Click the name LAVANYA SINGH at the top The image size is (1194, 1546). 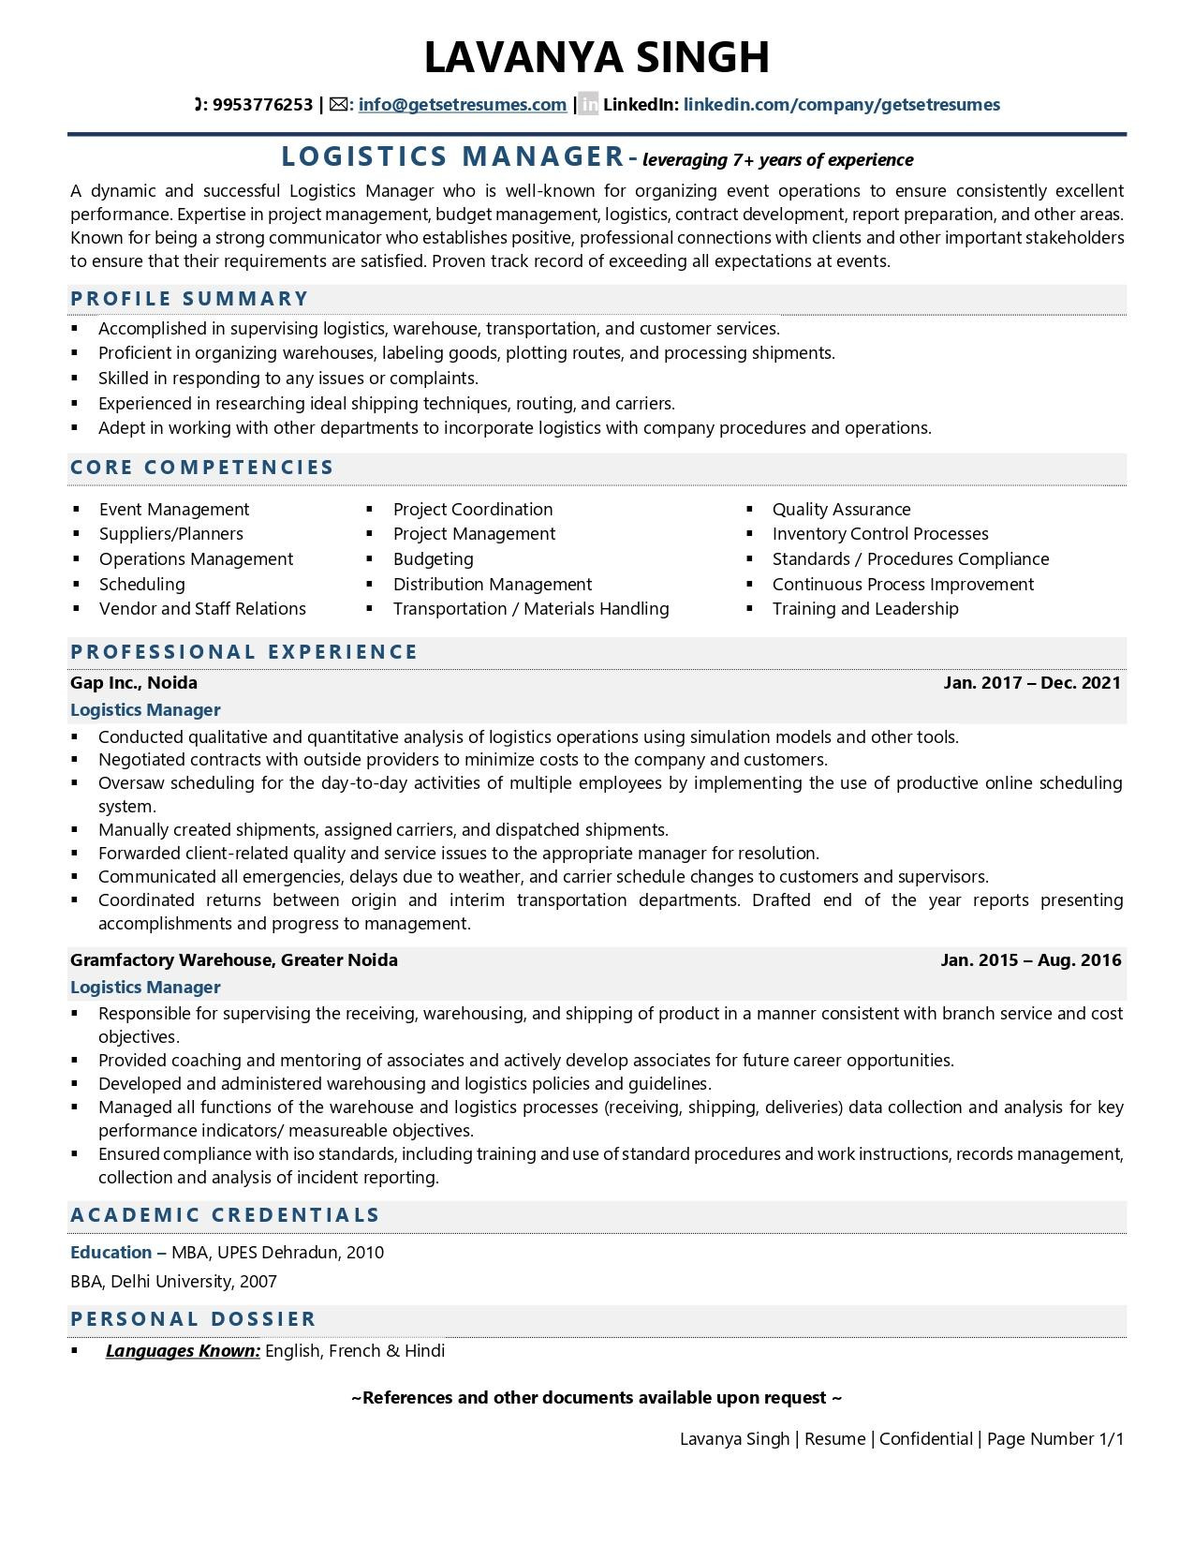(597, 57)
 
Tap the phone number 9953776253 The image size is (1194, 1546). (262, 105)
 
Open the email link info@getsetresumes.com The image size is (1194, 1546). (462, 105)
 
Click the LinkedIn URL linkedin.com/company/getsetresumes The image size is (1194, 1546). (841, 105)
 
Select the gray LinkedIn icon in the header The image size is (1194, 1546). (588, 105)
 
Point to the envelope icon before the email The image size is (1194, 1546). (339, 105)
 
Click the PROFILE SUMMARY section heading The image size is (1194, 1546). (189, 299)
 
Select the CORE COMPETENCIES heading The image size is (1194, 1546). (202, 468)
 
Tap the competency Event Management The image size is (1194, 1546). (174, 510)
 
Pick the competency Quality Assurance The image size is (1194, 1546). (841, 510)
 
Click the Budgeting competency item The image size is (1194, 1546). (433, 559)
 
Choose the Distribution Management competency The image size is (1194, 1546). (492, 585)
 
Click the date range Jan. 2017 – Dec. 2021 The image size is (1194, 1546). (1031, 683)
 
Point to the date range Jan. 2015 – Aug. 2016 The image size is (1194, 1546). (1030, 960)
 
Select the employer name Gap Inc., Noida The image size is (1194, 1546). (134, 683)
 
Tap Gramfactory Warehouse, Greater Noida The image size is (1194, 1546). (234, 960)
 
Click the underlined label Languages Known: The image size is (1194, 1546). (183, 1351)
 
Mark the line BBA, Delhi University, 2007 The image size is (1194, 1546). (173, 1282)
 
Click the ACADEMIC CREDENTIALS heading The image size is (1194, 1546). (225, 1215)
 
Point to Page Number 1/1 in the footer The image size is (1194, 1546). (1054, 1439)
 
